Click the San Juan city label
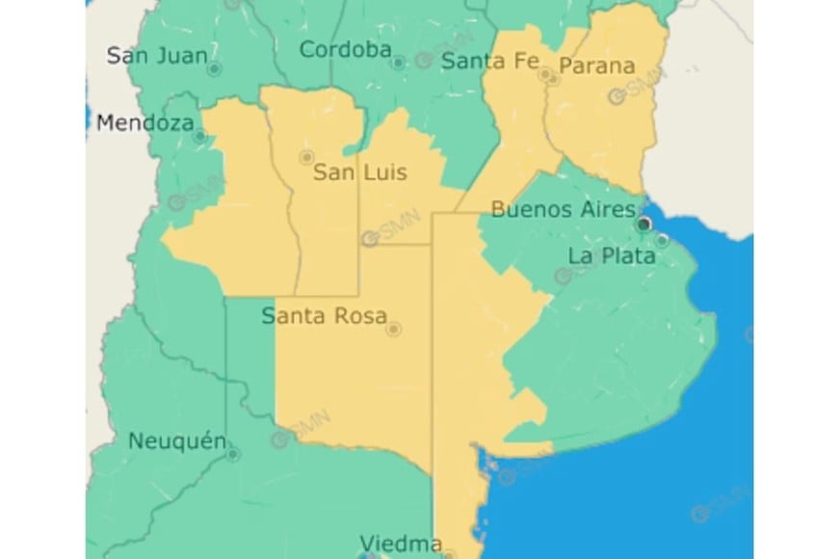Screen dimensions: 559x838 156,55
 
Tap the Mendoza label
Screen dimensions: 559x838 144,122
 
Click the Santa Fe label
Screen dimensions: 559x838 489,61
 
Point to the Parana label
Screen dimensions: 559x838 597,66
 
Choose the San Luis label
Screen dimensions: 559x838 360,173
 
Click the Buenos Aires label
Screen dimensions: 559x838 563,208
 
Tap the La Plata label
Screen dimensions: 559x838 612,255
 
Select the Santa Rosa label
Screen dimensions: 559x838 325,315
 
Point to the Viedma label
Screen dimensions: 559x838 400,542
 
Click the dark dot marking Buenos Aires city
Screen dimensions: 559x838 644,224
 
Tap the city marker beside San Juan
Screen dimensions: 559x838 214,69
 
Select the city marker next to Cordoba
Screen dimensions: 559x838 398,62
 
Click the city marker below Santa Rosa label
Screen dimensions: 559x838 393,330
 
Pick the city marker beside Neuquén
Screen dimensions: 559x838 233,454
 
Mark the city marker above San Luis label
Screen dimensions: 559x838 307,156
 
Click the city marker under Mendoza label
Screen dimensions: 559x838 199,136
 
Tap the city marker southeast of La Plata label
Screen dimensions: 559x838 663,240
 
